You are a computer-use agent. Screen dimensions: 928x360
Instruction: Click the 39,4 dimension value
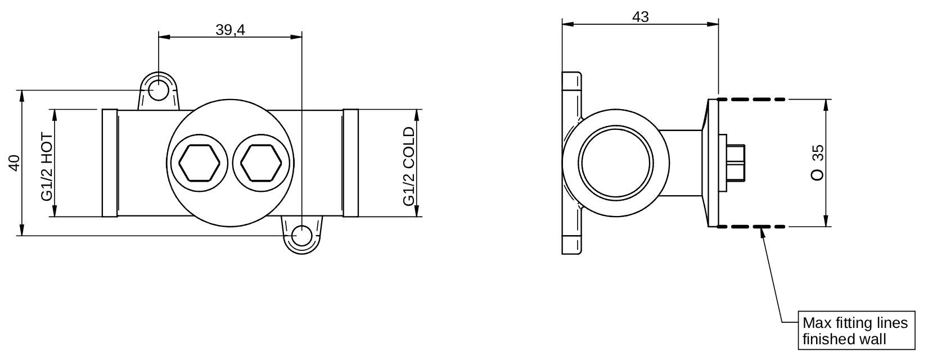point(231,30)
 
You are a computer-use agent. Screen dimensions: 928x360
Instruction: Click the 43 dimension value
point(641,17)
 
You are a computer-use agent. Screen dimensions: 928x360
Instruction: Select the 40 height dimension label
point(15,163)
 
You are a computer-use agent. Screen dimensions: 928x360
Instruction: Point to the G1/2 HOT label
point(47,167)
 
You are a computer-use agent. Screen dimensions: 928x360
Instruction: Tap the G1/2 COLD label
point(409,166)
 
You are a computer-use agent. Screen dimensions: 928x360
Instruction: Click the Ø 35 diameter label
point(817,163)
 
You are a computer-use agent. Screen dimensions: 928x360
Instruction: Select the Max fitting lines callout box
point(857,330)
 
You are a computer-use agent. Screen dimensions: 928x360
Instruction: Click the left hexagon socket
point(199,163)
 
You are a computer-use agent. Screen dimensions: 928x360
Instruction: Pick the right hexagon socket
point(261,163)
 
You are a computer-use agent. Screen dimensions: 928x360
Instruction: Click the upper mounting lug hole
point(158,91)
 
